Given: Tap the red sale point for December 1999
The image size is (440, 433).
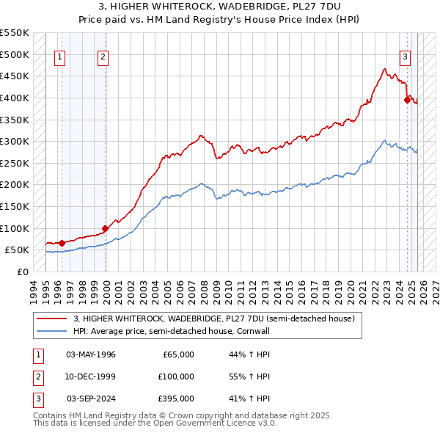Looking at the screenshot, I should click(106, 228).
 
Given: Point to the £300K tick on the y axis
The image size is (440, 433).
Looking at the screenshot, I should click(15, 141).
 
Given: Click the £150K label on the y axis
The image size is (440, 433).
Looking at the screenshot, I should click(15, 207).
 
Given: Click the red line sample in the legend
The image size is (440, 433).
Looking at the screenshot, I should click(51, 319).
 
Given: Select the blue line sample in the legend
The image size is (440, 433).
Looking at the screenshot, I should click(51, 331).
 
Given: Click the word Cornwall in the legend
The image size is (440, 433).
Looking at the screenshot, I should click(254, 331).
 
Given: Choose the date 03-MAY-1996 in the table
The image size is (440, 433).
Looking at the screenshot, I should click(91, 354).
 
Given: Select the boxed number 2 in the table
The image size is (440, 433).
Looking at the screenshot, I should click(36, 376).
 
